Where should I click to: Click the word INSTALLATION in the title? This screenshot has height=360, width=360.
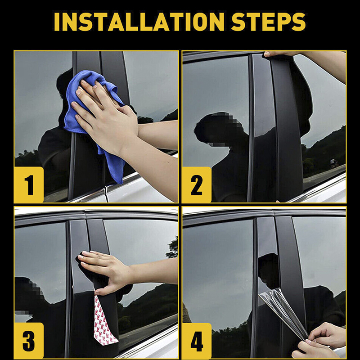click(x=139, y=22)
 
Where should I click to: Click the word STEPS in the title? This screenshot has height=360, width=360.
click(x=268, y=22)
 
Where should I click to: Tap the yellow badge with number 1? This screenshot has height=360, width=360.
click(x=29, y=185)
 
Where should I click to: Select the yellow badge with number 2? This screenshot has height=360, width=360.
click(x=197, y=185)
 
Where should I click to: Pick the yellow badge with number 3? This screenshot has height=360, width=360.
click(x=29, y=341)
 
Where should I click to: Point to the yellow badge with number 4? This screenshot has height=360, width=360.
click(x=197, y=341)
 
